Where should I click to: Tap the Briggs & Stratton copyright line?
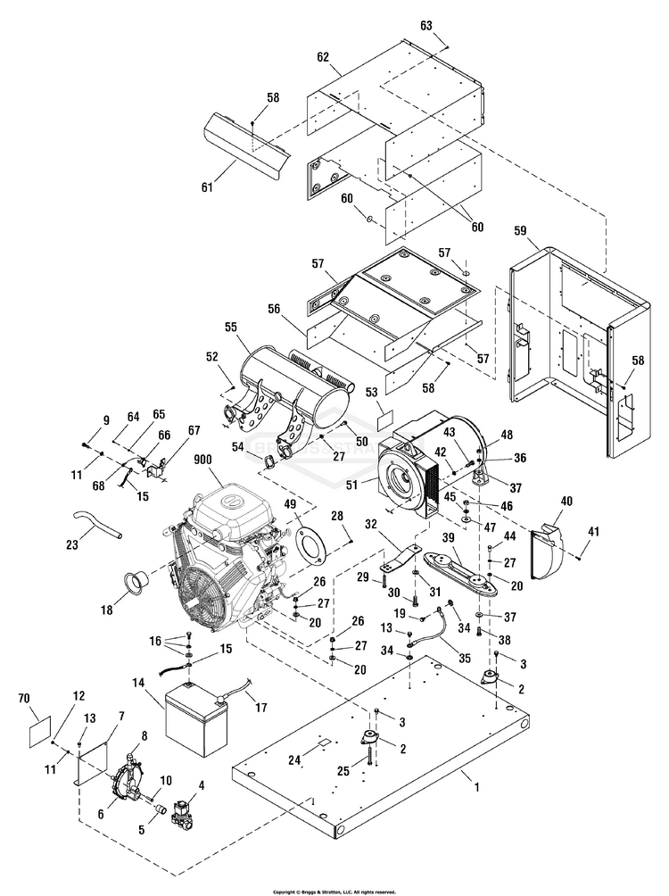pos(334,891)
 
